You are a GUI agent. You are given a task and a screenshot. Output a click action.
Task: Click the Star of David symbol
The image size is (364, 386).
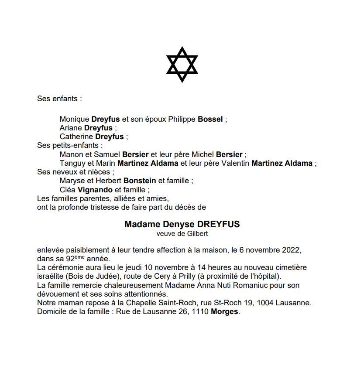[x=182, y=65]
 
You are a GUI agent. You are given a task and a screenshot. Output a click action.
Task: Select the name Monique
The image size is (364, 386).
[x=74, y=119]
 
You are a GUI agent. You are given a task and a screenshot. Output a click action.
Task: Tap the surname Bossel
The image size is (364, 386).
[x=210, y=119]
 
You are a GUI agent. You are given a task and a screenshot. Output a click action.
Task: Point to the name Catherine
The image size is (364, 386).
[x=76, y=137]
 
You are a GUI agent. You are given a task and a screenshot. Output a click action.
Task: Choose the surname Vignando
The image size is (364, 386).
[x=95, y=189]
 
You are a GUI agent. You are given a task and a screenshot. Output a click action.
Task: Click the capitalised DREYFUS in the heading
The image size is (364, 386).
[x=219, y=225]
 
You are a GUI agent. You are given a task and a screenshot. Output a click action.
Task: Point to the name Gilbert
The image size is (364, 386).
[x=197, y=234]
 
